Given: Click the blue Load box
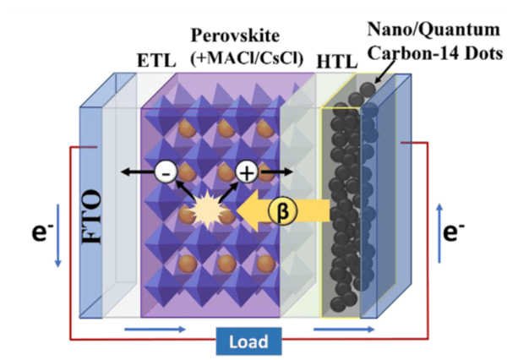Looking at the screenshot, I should click(x=252, y=341).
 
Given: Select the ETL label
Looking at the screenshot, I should click(x=152, y=62).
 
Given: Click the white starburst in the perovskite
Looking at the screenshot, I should click(x=204, y=205).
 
